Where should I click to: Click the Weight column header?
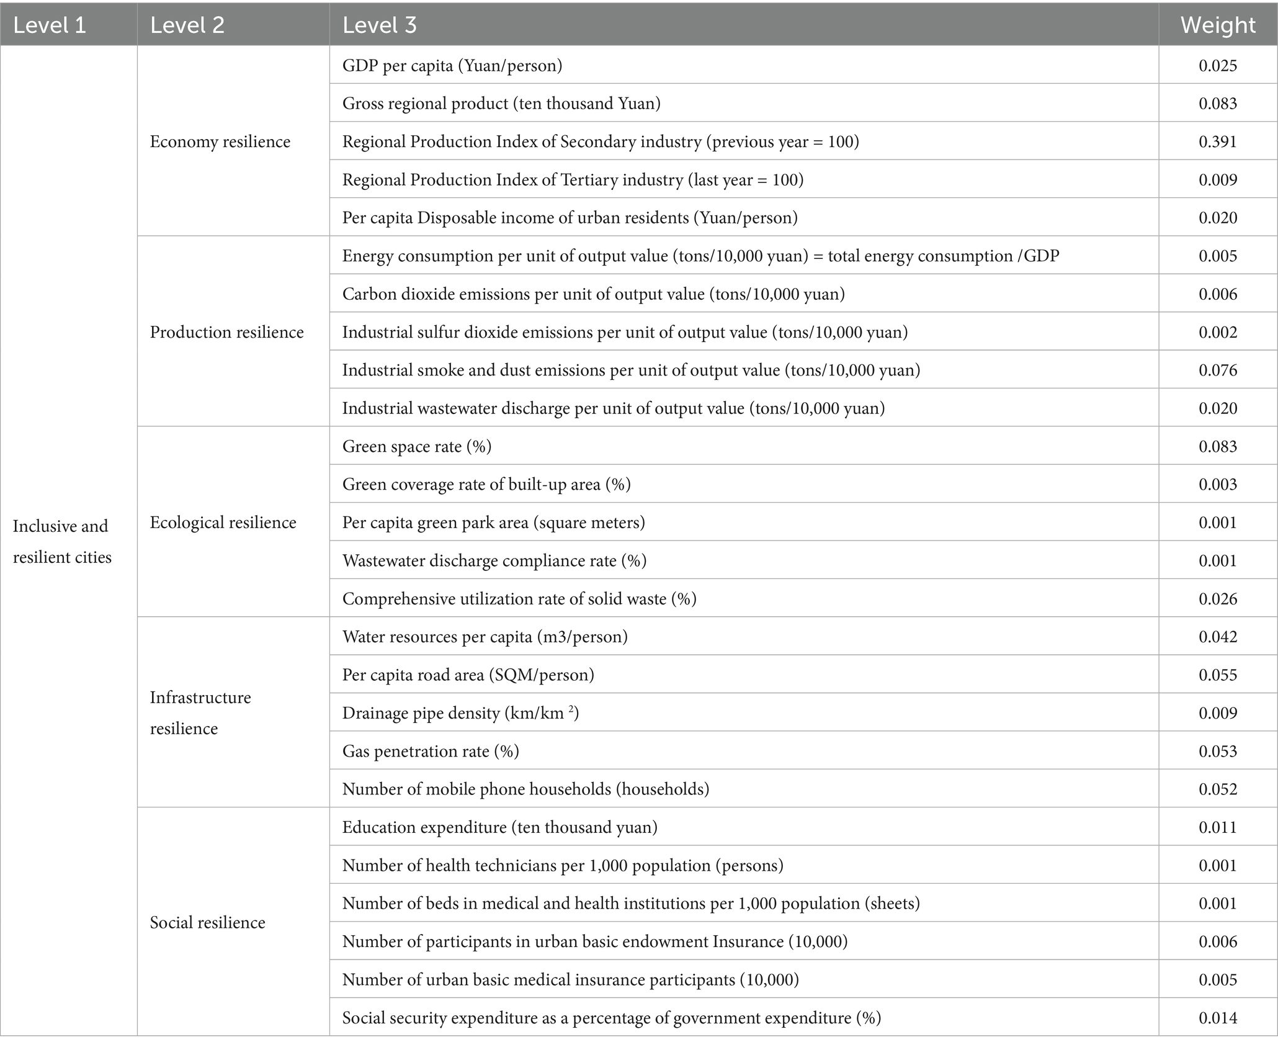[x=1217, y=25]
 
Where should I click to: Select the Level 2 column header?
[x=187, y=25]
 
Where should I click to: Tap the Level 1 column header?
[x=49, y=25]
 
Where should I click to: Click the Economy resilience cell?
[x=220, y=142]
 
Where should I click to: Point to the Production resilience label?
[x=226, y=332]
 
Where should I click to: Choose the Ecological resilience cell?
[x=223, y=523]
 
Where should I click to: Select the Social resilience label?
[x=207, y=922]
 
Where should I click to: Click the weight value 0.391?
[x=1217, y=142]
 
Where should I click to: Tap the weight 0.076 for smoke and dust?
[x=1217, y=371]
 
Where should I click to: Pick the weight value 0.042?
[x=1217, y=637]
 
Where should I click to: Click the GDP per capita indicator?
[x=452, y=66]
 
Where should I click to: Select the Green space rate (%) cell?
[x=417, y=447]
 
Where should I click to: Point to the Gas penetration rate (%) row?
[x=431, y=752]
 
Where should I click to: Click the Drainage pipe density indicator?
[x=460, y=713]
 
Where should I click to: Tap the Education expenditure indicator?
[x=499, y=827]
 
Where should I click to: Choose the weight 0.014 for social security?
[x=1217, y=1018]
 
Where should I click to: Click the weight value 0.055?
[x=1217, y=675]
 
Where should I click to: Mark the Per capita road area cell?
[x=468, y=675]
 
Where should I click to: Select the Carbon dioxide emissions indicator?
[x=593, y=294]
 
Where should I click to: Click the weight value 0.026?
[x=1217, y=599]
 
